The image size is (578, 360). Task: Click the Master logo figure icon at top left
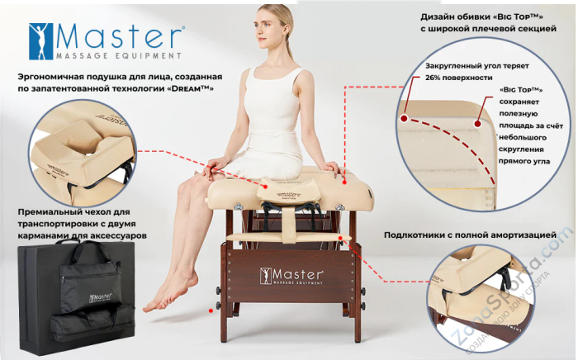click(39, 40)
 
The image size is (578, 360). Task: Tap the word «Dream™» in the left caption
click(187, 88)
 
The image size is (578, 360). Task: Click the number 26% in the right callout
click(437, 78)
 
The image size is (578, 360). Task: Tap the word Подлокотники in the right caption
click(424, 235)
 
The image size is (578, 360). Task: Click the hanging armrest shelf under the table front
click(288, 237)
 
